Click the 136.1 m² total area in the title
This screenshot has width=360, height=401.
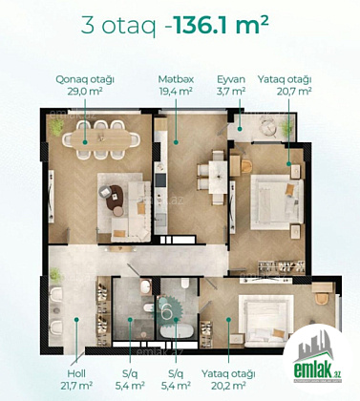(222, 26)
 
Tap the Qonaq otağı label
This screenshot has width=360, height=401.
(85, 79)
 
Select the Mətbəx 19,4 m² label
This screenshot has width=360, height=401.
(176, 85)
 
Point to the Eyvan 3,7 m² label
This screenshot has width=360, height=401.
(231, 85)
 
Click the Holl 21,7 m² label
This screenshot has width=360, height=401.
(76, 380)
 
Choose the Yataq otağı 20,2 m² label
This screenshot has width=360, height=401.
(228, 380)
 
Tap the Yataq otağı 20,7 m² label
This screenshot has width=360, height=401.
(285, 85)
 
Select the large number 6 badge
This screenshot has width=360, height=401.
(167, 311)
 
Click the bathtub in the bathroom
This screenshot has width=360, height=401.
(177, 331)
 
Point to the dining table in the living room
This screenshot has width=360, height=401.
(100, 138)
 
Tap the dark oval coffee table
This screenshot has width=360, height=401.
(115, 198)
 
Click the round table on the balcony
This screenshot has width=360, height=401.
(268, 128)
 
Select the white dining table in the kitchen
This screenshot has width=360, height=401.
(218, 177)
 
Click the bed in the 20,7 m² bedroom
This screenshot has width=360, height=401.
(277, 202)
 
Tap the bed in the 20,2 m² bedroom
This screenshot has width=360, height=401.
(266, 320)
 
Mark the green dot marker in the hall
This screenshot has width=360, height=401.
(76, 319)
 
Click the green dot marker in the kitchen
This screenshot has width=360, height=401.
(176, 142)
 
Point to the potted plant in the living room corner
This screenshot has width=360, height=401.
(56, 128)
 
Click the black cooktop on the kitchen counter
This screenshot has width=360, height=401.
(160, 180)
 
